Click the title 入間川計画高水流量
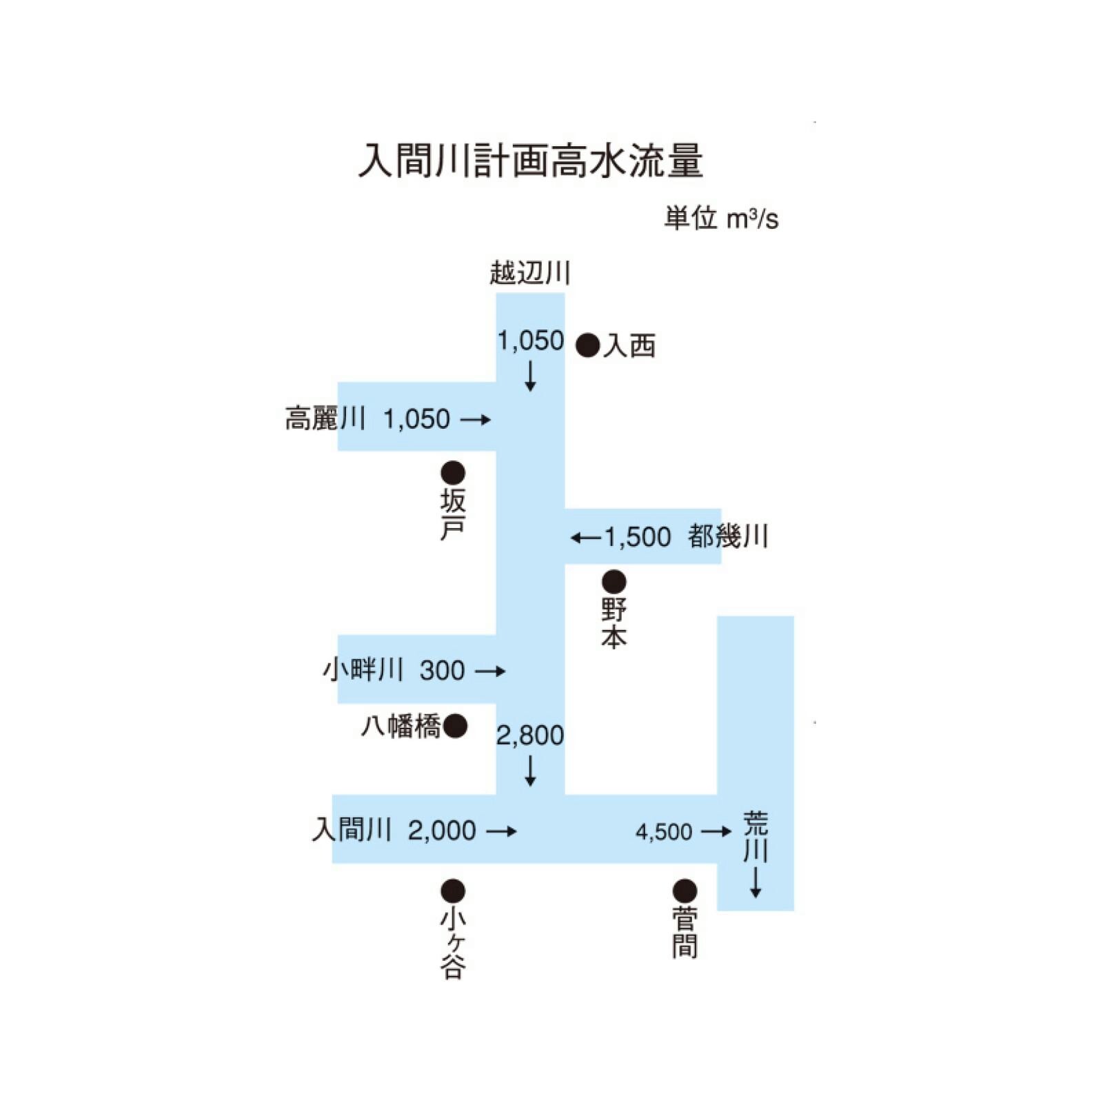pyautogui.click(x=530, y=161)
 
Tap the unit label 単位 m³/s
pyautogui.click(x=721, y=219)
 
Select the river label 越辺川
pyautogui.click(x=530, y=272)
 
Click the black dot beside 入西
pyautogui.click(x=587, y=345)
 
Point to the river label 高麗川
pyautogui.click(x=325, y=418)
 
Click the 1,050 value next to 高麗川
pyautogui.click(x=416, y=419)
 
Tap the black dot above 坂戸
pyautogui.click(x=453, y=473)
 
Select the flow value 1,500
pyautogui.click(x=638, y=537)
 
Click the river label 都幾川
pyautogui.click(x=728, y=536)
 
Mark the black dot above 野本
pyautogui.click(x=614, y=582)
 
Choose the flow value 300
pyautogui.click(x=442, y=670)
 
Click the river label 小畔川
pyautogui.click(x=363, y=669)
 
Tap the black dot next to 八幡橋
pyautogui.click(x=455, y=726)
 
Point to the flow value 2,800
pyautogui.click(x=530, y=736)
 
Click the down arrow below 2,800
pyautogui.click(x=530, y=771)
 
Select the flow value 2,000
pyautogui.click(x=442, y=831)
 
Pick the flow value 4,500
pyautogui.click(x=664, y=832)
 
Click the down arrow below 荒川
pyautogui.click(x=756, y=882)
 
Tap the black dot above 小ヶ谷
pyautogui.click(x=453, y=891)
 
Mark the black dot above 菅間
pyautogui.click(x=685, y=891)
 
